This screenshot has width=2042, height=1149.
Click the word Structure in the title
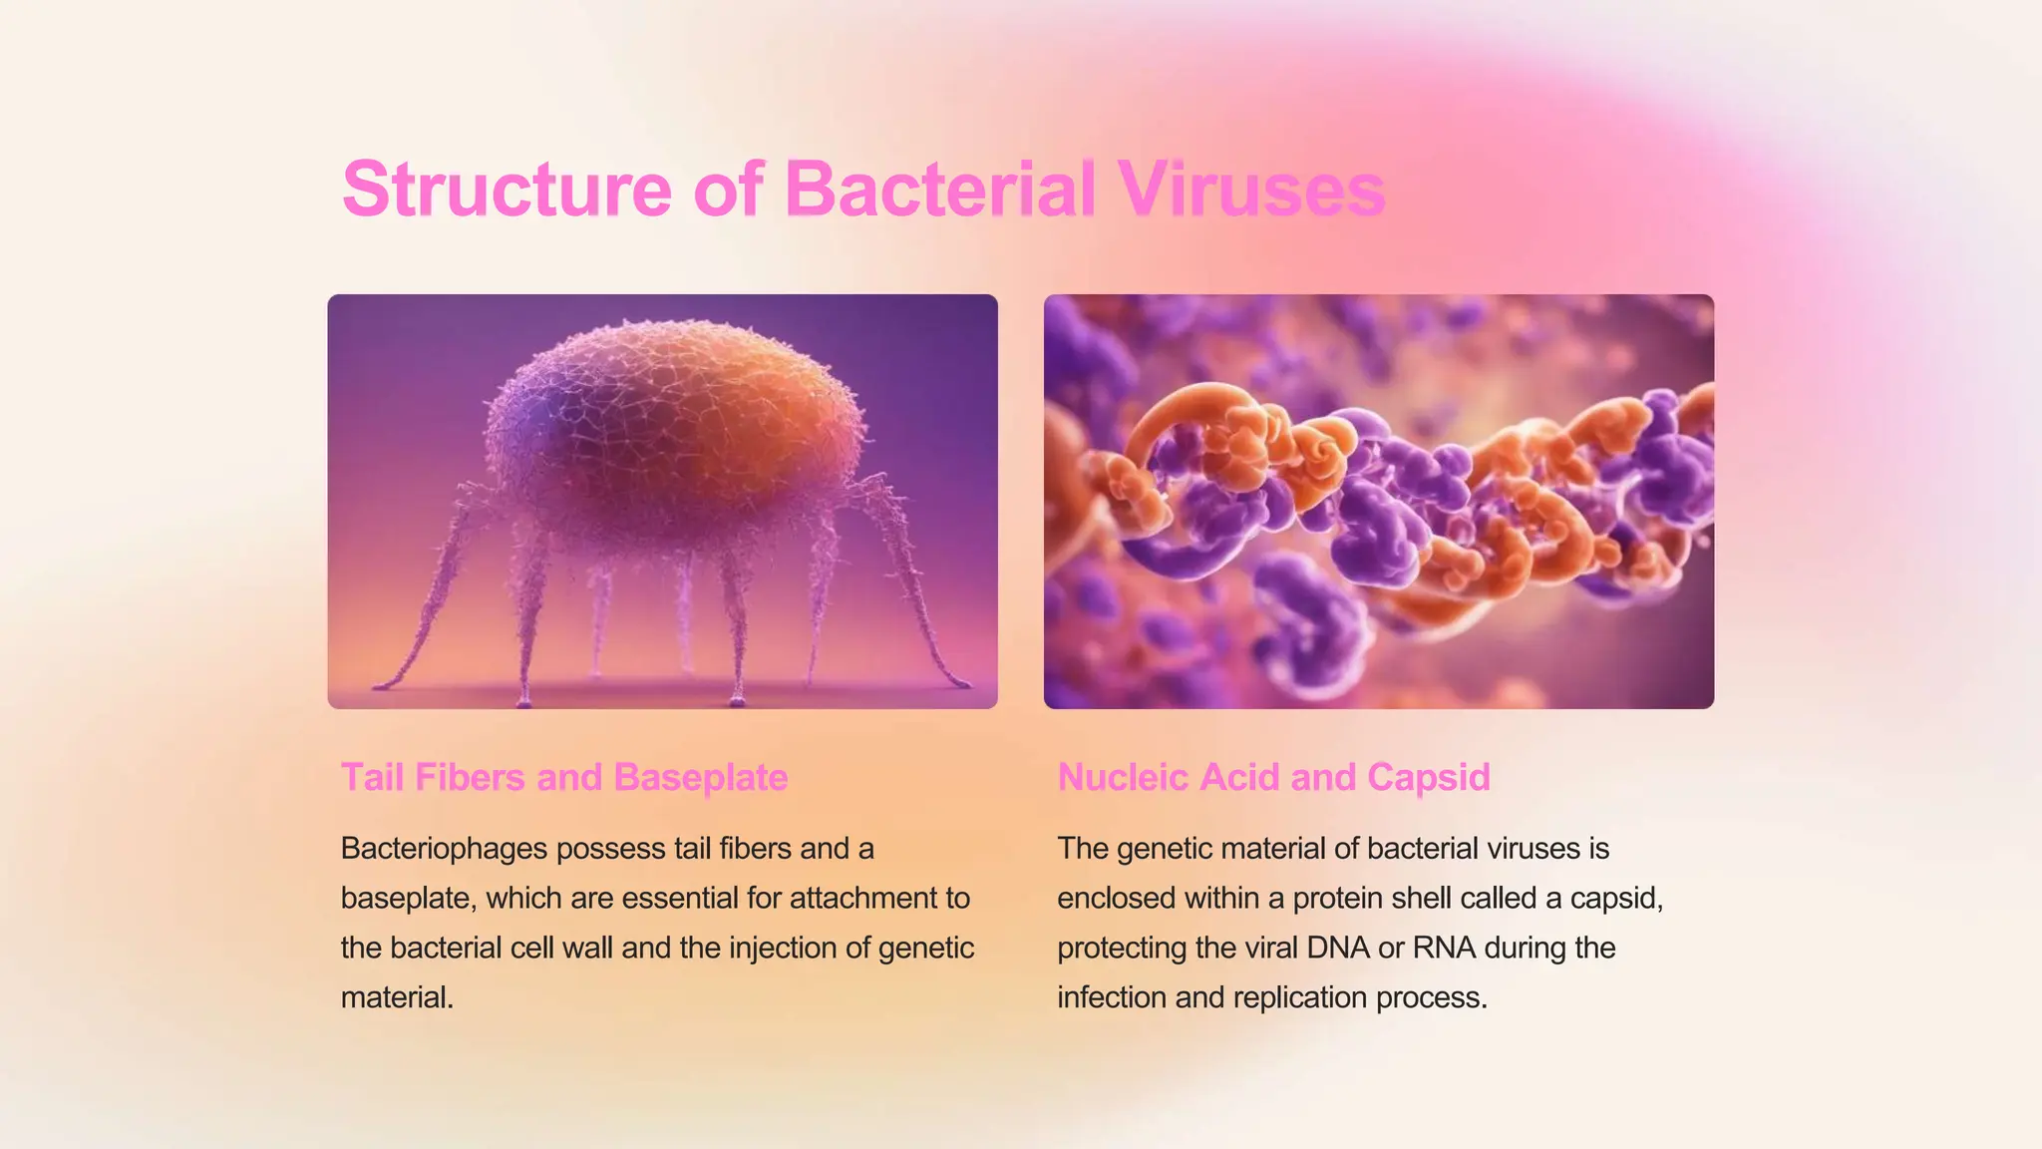pyautogui.click(x=507, y=189)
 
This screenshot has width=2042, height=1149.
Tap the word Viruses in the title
pyautogui.click(x=1250, y=189)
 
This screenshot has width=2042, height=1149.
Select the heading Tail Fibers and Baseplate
pyautogui.click(x=564, y=777)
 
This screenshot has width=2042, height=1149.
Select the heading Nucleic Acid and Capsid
pyautogui.click(x=1273, y=777)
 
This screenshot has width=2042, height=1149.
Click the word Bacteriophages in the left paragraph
pyautogui.click(x=444, y=849)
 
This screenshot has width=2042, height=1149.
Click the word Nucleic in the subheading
pyautogui.click(x=1123, y=777)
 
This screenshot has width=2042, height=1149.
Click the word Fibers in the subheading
pyautogui.click(x=470, y=777)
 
